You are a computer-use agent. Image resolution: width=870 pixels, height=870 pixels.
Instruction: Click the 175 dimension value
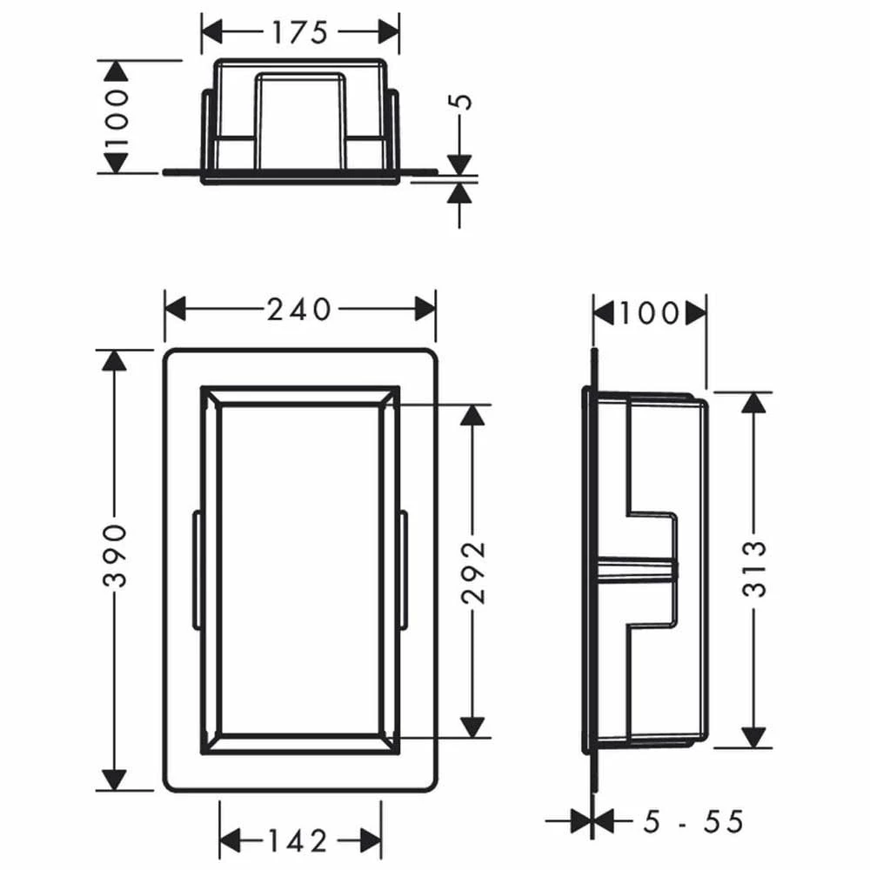click(x=299, y=32)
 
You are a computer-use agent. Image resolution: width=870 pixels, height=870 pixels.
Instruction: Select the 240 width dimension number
click(x=299, y=309)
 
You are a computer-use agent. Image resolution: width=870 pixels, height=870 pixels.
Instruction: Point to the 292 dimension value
click(x=472, y=572)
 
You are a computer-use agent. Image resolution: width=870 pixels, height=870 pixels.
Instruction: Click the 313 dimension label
click(x=755, y=569)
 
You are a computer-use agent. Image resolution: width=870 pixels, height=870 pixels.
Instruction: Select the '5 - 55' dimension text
click(x=693, y=820)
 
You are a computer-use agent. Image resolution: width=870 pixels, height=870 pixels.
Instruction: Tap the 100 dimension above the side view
click(x=649, y=312)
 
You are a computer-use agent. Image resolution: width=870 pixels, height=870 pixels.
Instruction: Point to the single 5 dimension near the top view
click(x=464, y=100)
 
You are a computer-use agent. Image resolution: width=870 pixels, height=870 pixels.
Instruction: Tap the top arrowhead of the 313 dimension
click(x=755, y=403)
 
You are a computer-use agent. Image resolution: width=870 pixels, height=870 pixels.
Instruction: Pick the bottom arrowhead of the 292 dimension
click(x=472, y=726)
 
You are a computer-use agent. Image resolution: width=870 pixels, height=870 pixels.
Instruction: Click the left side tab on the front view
click(x=197, y=570)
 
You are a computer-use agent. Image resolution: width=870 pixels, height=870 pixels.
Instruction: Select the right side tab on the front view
click(x=404, y=570)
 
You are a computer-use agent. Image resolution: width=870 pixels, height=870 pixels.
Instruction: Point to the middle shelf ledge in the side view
click(x=635, y=569)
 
